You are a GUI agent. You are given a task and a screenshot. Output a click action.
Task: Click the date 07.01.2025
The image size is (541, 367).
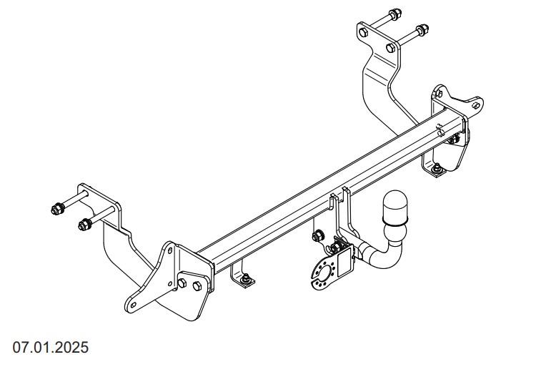pyautogui.click(x=50, y=347)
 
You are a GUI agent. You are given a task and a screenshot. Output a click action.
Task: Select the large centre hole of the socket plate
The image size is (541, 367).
pyautogui.click(x=324, y=275)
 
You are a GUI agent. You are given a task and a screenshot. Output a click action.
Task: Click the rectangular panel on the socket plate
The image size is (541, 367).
pyautogui.click(x=344, y=264)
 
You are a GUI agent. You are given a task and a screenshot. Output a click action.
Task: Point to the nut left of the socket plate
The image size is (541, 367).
pyautogui.click(x=317, y=236)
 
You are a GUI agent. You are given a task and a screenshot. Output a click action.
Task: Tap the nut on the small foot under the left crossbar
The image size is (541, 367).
pyautogui.click(x=247, y=278)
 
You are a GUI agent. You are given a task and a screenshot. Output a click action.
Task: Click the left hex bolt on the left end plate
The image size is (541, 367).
pyautogui.click(x=182, y=283)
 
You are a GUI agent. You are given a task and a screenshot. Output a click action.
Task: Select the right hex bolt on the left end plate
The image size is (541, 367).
pyautogui.click(x=197, y=286)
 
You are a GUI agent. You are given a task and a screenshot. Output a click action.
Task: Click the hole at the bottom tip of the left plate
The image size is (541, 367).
pyautogui.click(x=133, y=305)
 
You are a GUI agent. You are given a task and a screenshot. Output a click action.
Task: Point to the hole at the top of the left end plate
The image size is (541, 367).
pyautogui.click(x=170, y=250)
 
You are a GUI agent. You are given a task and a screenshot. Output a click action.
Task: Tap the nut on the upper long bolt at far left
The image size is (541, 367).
pyautogui.click(x=58, y=208)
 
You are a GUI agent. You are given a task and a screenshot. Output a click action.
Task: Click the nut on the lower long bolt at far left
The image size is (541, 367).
pyautogui.click(x=84, y=225)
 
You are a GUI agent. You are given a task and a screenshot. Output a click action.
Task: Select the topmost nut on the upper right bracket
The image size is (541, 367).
pyautogui.click(x=395, y=14)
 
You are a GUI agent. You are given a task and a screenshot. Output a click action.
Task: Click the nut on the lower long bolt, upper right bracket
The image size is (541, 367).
pyautogui.click(x=422, y=30)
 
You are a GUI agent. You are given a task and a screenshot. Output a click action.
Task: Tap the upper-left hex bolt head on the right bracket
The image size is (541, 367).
pyautogui.click(x=363, y=32)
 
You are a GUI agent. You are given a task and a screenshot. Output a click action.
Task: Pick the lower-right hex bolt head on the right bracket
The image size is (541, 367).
pyautogui.click(x=391, y=48)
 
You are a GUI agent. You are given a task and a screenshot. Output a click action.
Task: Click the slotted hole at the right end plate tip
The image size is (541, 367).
pyautogui.click(x=476, y=105)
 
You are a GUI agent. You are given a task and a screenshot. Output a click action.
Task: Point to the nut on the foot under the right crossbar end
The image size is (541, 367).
pyautogui.click(x=437, y=168)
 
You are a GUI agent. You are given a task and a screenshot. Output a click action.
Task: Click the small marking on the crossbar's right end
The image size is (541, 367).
pyautogui.click(x=440, y=130)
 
